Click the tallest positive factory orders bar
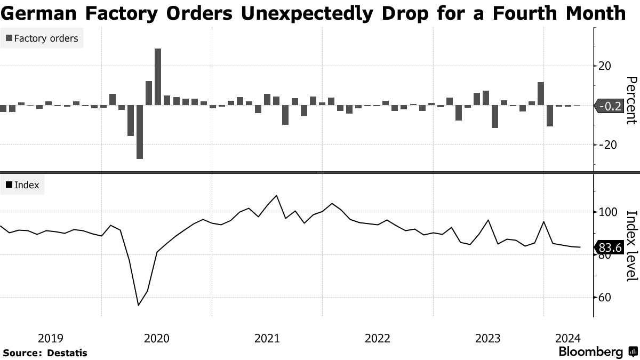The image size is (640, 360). pos(158,77)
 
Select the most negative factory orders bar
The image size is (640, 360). pos(140,132)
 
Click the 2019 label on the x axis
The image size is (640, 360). pos(51,338)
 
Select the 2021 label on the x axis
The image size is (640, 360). pos(267,338)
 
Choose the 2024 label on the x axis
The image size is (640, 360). pos(568,338)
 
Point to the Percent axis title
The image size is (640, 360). pos(631,100)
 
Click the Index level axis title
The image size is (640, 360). pos(631,245)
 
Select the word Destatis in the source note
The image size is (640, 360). pos(67,353)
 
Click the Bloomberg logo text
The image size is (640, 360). pos(590,352)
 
